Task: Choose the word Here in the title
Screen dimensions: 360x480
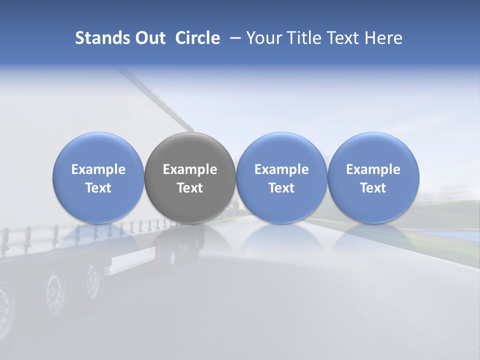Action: pyautogui.click(x=384, y=38)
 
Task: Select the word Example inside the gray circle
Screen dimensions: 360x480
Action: pyautogui.click(x=190, y=169)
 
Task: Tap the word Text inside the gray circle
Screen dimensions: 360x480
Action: pyautogui.click(x=190, y=188)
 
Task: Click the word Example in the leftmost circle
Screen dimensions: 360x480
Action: pyautogui.click(x=98, y=169)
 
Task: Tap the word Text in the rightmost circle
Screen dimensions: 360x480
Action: pyautogui.click(x=373, y=188)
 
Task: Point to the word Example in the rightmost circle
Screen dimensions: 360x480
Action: pyautogui.click(x=373, y=169)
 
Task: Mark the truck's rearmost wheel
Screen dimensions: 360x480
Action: pyautogui.click(x=93, y=279)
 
